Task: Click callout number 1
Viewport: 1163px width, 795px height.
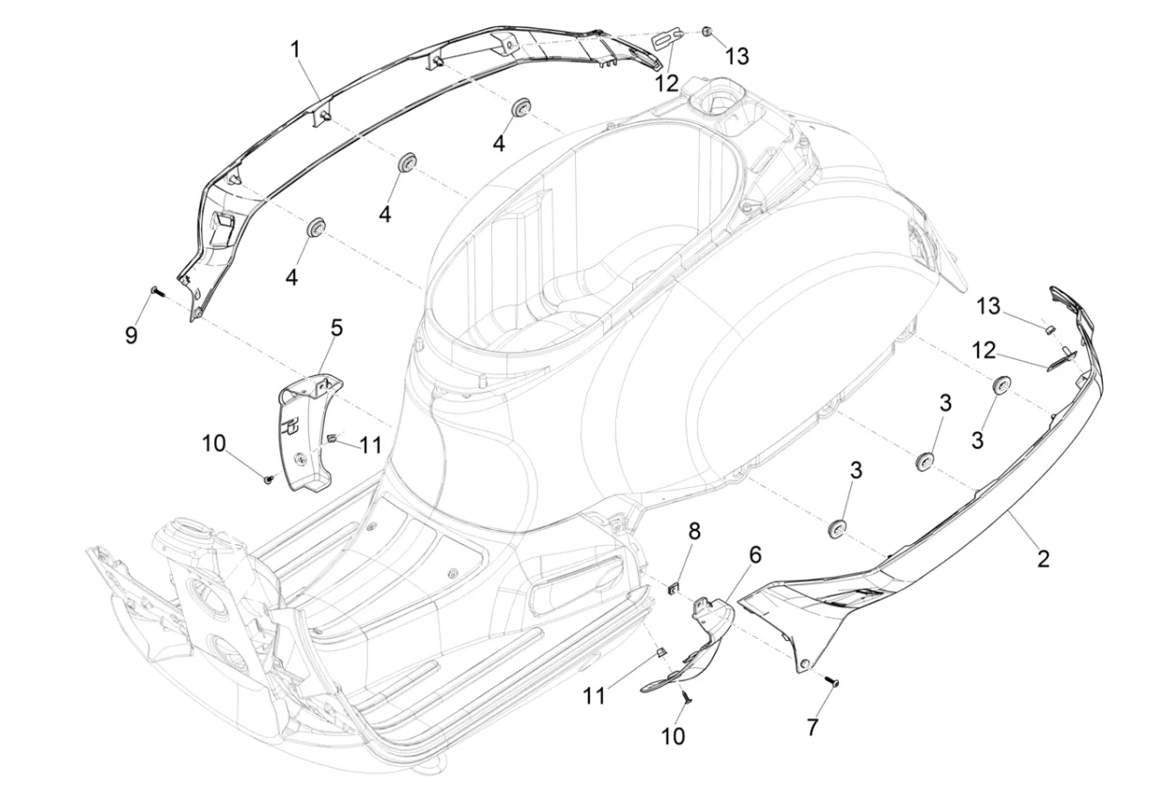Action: click(x=295, y=50)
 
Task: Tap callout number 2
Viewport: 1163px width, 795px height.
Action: click(x=1043, y=559)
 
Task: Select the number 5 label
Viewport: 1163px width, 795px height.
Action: click(x=336, y=328)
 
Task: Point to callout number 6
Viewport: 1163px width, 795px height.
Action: click(x=755, y=554)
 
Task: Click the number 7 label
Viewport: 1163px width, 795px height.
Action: click(x=813, y=727)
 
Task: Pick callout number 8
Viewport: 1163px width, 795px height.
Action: click(x=694, y=531)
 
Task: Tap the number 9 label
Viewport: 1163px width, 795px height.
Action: click(x=132, y=335)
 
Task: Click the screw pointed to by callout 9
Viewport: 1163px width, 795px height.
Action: click(x=156, y=291)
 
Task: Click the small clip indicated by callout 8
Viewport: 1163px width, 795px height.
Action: click(x=673, y=589)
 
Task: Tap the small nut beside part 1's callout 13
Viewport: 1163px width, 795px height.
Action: click(x=706, y=32)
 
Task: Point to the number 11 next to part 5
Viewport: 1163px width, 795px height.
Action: click(x=371, y=445)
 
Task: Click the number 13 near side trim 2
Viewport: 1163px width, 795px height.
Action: click(x=988, y=306)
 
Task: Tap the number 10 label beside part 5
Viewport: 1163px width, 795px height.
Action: click(x=214, y=444)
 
